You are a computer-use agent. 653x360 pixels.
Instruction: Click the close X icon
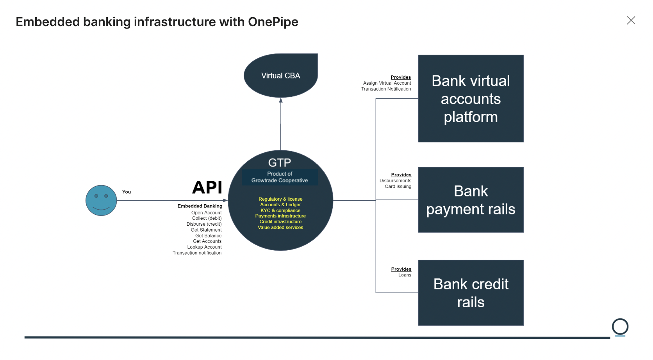pos(631,20)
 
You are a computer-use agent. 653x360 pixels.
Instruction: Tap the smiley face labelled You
pos(101,200)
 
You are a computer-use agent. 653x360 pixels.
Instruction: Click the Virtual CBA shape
pos(280,76)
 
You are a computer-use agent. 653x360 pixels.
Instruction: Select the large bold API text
pos(207,187)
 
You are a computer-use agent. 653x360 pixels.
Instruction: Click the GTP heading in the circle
pos(279,162)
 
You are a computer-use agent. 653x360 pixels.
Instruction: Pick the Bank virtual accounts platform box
pos(471,98)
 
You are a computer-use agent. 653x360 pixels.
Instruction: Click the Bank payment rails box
pos(471,200)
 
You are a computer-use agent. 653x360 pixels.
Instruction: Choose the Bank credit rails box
pos(471,293)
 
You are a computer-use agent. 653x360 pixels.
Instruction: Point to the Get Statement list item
pos(206,230)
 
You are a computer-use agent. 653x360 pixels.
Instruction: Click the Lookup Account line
pos(204,247)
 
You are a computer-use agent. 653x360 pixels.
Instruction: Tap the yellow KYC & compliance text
pos(280,210)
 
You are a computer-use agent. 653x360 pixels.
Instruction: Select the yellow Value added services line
pos(280,227)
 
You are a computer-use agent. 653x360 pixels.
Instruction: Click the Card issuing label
pos(398,187)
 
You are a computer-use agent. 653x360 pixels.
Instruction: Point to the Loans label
pos(405,275)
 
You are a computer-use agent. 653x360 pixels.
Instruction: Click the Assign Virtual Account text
pos(387,83)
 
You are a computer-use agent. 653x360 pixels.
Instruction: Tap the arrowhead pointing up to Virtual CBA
pos(280,100)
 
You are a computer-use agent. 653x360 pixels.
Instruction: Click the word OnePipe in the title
pos(273,22)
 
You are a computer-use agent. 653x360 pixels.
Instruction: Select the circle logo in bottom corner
pos(620,327)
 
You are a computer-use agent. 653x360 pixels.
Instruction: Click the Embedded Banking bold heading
pos(200,206)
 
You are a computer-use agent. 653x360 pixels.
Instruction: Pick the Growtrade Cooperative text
pos(279,180)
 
